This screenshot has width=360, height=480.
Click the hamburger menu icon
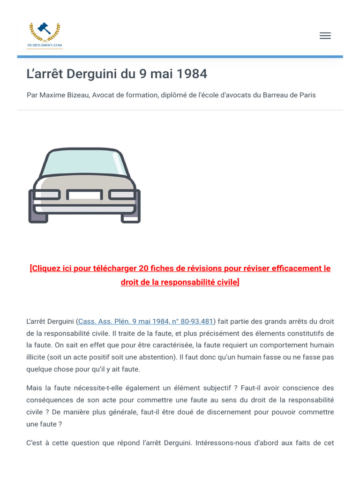point(325,36)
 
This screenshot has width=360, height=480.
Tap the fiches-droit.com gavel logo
point(45,34)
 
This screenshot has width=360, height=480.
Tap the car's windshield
point(85,162)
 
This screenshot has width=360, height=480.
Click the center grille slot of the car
point(84,194)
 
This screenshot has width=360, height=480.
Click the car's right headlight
point(123,194)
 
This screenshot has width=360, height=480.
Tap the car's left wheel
point(37,216)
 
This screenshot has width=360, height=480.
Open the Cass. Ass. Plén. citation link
point(145,322)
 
